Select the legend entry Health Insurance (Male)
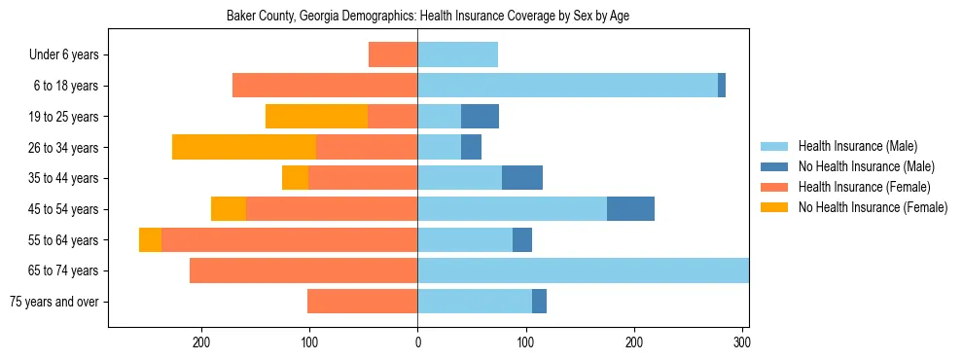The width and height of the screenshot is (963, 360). pos(857,146)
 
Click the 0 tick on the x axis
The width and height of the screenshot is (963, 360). pos(418,342)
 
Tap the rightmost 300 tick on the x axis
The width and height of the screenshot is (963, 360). pos(742,342)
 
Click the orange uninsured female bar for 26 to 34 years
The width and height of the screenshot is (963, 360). pos(244,147)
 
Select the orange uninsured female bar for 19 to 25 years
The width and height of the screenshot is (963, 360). pos(316,117)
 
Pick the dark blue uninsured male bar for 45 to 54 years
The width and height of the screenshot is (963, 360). pos(630,209)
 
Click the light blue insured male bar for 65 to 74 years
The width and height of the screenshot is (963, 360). pos(583,270)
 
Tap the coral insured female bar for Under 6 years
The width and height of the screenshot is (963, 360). pos(393,55)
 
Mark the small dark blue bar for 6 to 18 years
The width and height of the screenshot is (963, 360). pos(722,86)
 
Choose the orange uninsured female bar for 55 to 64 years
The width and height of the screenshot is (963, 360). pos(151,240)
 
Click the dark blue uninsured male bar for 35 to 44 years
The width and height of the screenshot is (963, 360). pos(522,178)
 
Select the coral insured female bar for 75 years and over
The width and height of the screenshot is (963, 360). pos(363,302)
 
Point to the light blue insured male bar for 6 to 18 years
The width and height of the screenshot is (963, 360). pos(568,86)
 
